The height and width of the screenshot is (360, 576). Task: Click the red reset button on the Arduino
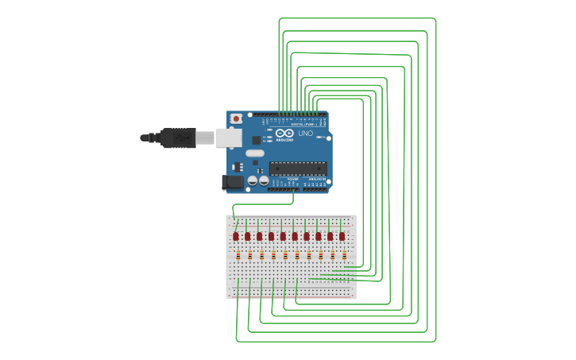(x=236, y=118)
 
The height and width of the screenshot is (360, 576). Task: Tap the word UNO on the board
(x=306, y=133)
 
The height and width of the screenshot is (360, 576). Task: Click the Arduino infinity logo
(x=284, y=133)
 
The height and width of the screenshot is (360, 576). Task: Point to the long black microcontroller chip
(x=298, y=168)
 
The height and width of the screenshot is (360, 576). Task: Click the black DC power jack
(x=233, y=182)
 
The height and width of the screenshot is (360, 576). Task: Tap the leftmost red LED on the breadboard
(x=236, y=236)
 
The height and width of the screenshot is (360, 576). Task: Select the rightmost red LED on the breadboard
(x=342, y=236)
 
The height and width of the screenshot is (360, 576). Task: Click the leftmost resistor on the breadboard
(x=239, y=256)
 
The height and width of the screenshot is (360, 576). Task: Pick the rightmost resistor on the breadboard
(x=345, y=256)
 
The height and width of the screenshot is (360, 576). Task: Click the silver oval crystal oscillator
(x=254, y=153)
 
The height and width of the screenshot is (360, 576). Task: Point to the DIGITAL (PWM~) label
(x=303, y=124)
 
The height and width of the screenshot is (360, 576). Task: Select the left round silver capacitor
(x=252, y=181)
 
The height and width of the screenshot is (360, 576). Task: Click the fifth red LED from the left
(x=283, y=236)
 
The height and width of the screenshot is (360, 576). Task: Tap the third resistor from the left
(x=262, y=256)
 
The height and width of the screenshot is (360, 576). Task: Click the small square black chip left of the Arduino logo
(x=256, y=140)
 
